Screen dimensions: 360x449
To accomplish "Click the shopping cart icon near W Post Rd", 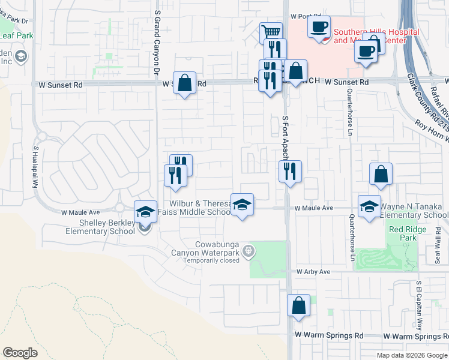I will point(271,32).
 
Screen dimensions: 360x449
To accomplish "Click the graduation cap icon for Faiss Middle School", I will point(242,205).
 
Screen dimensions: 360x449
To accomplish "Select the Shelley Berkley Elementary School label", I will point(100,227).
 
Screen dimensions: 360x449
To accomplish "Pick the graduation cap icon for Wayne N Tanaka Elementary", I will point(369,207).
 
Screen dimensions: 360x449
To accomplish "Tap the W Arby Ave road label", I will point(313,272).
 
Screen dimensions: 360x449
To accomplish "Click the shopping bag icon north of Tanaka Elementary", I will point(381,175).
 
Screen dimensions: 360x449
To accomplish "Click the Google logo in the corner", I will point(20,353).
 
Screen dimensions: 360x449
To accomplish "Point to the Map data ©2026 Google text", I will point(411,355).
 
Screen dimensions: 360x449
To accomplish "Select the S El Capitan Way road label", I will point(420,306).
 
